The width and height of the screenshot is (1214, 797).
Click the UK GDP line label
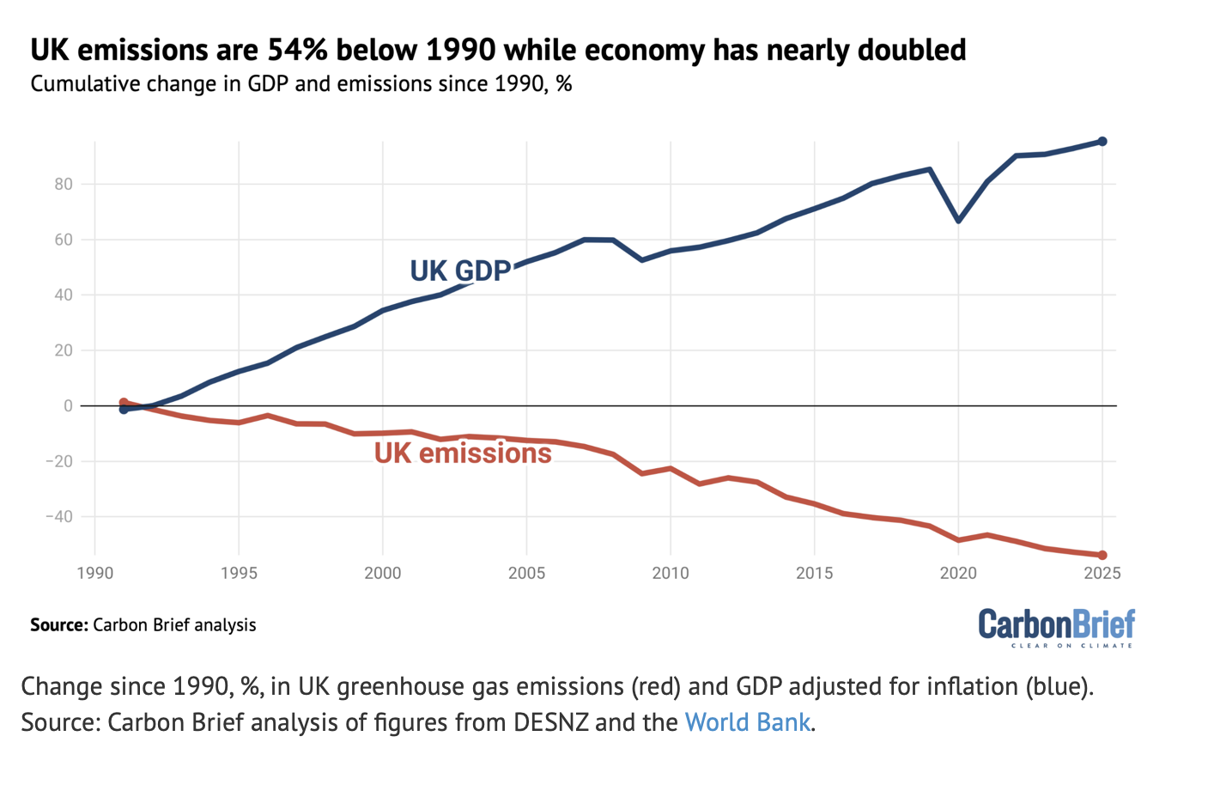[x=460, y=271]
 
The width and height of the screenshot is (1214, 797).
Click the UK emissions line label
[x=463, y=453]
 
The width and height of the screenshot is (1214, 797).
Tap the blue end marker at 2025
[x=1102, y=142]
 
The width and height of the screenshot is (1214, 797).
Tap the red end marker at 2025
[x=1102, y=556]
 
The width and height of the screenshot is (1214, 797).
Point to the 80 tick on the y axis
[x=64, y=184]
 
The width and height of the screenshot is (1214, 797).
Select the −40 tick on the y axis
[x=58, y=516]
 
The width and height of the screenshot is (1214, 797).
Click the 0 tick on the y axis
[x=69, y=405]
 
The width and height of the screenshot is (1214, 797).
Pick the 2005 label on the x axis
[x=526, y=573]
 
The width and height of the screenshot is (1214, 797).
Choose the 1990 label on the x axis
[x=94, y=573]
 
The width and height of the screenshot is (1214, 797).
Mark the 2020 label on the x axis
[x=958, y=573]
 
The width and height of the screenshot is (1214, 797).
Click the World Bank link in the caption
[x=747, y=721]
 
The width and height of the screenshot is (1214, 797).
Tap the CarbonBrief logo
[x=1056, y=627]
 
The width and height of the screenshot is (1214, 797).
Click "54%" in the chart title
[x=298, y=50]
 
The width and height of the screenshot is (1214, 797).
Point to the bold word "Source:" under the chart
[x=58, y=624]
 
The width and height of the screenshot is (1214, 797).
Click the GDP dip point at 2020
[x=958, y=221]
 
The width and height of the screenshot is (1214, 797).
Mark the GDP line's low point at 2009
[x=642, y=259]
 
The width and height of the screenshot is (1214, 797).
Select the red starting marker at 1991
[x=124, y=402]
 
